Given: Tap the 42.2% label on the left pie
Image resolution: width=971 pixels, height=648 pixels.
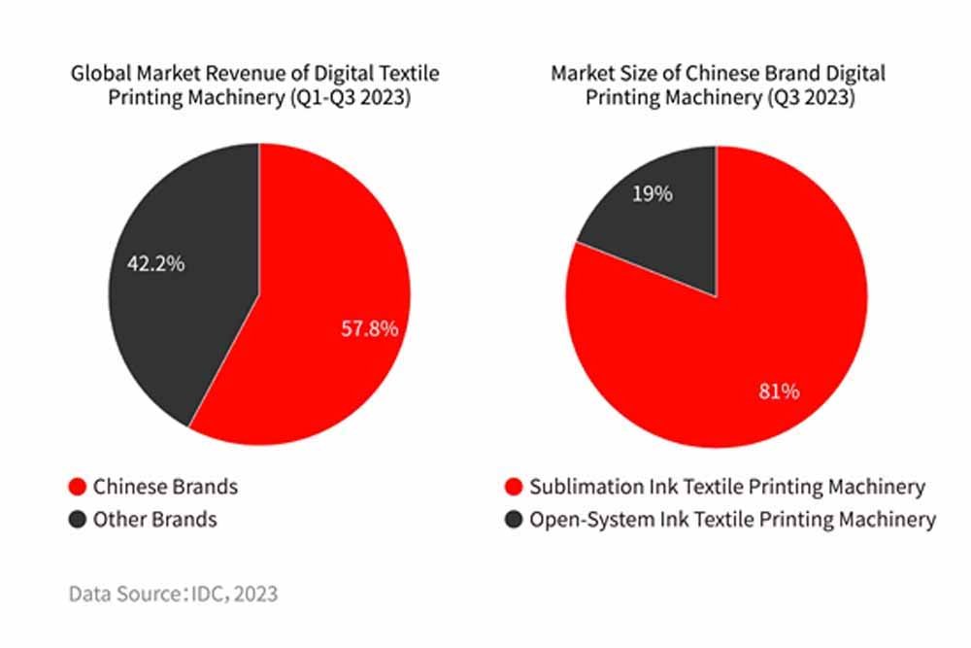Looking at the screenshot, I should [x=155, y=263].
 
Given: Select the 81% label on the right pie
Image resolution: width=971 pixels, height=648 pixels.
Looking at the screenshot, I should [x=778, y=392].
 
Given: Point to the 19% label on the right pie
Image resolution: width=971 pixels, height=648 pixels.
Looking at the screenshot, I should [x=652, y=193].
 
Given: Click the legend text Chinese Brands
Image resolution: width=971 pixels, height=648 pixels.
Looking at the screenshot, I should [x=165, y=486].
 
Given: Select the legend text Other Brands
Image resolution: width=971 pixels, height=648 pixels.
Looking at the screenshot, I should [x=155, y=519].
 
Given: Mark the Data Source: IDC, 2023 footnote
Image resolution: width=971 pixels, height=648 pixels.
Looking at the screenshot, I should [x=173, y=593].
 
